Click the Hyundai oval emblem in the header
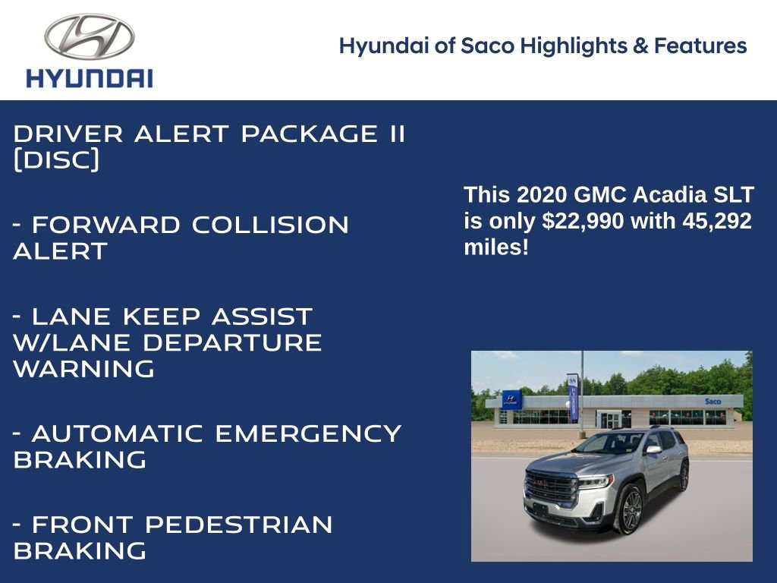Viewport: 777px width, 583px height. click(x=90, y=36)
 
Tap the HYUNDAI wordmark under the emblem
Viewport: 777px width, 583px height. click(x=90, y=78)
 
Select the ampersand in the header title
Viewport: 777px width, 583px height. click(x=640, y=46)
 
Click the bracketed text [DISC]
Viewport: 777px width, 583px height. click(x=56, y=160)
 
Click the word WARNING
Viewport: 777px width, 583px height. click(x=83, y=369)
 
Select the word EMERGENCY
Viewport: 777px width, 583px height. click(x=308, y=433)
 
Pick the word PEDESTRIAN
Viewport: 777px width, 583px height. click(x=238, y=525)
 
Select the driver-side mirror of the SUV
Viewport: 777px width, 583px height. click(x=651, y=449)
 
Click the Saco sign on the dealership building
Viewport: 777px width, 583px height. click(x=713, y=401)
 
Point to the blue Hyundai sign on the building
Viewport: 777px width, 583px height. click(x=511, y=400)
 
